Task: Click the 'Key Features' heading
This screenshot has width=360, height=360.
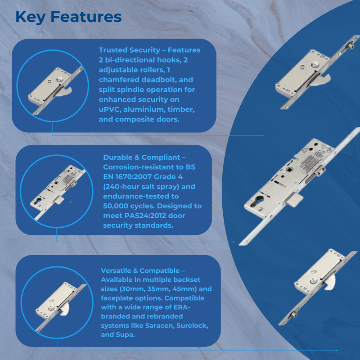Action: pos(68,17)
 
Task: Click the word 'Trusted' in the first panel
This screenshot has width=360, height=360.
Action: pos(113,50)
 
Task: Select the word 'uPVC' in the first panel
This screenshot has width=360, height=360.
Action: pos(110,109)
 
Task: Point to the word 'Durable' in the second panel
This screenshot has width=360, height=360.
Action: pos(118,157)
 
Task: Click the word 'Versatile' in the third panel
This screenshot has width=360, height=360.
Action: pos(116,271)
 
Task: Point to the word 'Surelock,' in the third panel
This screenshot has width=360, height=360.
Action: pos(193,325)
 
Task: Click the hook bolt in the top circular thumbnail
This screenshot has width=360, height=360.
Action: pos(65,92)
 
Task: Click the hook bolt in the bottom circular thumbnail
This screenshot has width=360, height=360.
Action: pos(65,311)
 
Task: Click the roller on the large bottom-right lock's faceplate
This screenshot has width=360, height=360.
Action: pos(294,314)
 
